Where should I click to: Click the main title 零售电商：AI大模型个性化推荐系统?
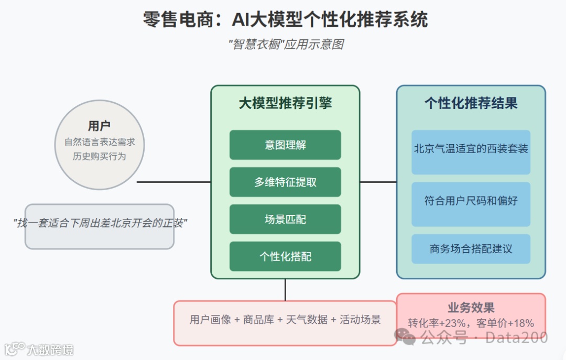pos(285,20)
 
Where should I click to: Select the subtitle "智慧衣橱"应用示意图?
pos(286,45)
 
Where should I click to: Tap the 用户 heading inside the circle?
pos(99,126)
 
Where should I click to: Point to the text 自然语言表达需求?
pos(100,142)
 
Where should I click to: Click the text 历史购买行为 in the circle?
pos(100,156)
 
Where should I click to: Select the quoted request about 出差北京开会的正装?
pos(100,223)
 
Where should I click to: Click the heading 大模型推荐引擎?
pos(285,103)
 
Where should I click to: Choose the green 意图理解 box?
pos(285,145)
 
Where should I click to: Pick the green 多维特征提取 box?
pos(285,182)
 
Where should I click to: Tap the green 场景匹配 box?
pos(285,220)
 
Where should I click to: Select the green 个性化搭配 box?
pos(285,257)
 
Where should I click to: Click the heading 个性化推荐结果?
pos(471,103)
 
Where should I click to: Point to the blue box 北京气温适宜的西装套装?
pos(471,149)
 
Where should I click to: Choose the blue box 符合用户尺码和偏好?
pos(471,201)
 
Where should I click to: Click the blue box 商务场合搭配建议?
pos(471,249)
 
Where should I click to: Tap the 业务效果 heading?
pos(471,308)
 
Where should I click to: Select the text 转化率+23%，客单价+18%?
pos(471,323)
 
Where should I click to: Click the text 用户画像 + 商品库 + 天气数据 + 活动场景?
pos(285,320)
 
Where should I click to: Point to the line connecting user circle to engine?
pos(173,182)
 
